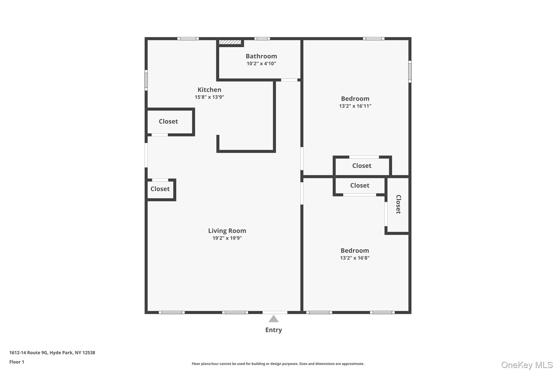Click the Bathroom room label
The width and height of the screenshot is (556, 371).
tap(261, 56)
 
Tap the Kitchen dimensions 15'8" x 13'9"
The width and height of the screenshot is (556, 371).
tap(209, 97)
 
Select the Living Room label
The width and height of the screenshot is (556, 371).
tap(227, 231)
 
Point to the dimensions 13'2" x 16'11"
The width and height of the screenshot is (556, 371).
tap(355, 106)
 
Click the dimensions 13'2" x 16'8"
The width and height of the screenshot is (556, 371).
tap(355, 258)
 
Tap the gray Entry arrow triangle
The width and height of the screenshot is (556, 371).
tap(273, 319)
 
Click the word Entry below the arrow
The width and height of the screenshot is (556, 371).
tap(273, 330)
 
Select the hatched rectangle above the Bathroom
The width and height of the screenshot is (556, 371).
tap(230, 42)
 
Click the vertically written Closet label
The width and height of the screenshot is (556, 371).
tap(398, 204)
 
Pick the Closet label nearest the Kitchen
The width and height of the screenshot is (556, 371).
tap(168, 121)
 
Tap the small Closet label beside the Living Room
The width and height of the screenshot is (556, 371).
tap(160, 189)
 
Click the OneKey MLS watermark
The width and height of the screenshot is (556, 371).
tap(527, 365)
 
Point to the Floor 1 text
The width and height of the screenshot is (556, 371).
tap(17, 362)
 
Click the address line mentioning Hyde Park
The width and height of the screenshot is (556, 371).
tap(52, 353)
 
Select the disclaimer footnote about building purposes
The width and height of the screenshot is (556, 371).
tap(278, 364)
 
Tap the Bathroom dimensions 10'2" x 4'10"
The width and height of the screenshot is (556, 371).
tap(261, 64)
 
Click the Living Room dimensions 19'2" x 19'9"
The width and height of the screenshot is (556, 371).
tap(227, 238)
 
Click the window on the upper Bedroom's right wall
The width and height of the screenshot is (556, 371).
tap(410, 71)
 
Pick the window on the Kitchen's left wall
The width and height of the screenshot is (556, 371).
tap(146, 80)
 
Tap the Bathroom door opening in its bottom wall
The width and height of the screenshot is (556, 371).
tap(289, 80)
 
